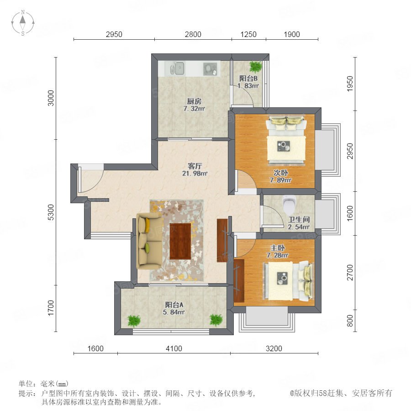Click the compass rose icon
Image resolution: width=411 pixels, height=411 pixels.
23,23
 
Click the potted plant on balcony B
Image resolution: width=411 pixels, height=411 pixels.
255,67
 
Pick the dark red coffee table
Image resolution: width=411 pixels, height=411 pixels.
180,241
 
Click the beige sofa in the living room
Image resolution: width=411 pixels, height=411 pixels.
149,241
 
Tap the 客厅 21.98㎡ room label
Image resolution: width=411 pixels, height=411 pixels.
195,169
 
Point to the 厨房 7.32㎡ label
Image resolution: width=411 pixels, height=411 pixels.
194,105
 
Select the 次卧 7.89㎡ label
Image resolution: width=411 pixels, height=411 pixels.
280,176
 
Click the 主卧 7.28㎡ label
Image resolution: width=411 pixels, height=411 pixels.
278,252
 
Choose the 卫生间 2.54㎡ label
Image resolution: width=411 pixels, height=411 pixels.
299,223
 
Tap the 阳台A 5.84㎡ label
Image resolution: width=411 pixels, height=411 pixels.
174,309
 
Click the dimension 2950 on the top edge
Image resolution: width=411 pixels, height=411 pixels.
114,34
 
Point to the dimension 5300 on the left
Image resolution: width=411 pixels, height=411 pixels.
51,212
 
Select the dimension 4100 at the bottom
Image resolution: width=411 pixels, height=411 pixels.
174,348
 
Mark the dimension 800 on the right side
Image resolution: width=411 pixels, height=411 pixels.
350,321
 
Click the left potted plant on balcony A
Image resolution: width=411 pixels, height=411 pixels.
134,321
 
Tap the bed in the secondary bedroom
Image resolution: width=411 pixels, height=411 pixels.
286,140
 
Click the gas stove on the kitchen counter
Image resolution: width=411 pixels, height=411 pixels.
210,68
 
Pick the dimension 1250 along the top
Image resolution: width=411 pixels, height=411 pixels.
248,34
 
